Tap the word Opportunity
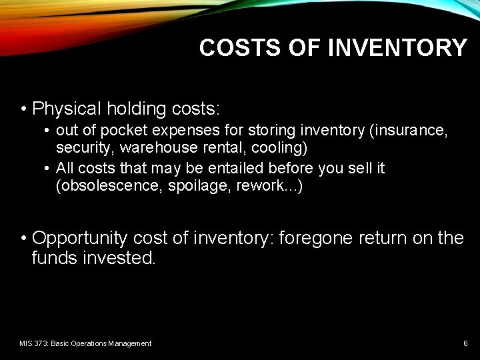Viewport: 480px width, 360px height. pos(80,238)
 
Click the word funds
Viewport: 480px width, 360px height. pos(55,258)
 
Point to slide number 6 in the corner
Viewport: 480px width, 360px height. pos(465,343)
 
